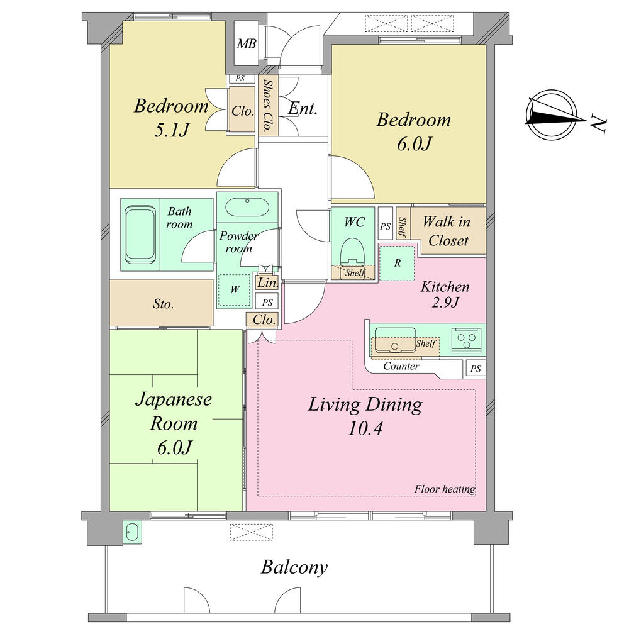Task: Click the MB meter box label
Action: click(245, 44)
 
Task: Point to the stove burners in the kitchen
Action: click(468, 340)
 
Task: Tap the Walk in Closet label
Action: click(445, 231)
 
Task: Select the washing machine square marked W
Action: click(235, 290)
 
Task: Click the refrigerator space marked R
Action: click(397, 263)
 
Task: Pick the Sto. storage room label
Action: click(164, 304)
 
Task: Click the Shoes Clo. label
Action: click(267, 106)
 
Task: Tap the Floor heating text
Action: click(445, 489)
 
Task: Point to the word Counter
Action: click(401, 366)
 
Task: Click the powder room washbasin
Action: click(247, 206)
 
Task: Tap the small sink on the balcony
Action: click(131, 532)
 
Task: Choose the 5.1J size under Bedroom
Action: click(170, 130)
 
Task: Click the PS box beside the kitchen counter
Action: click(476, 369)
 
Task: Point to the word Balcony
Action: click(294, 568)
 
